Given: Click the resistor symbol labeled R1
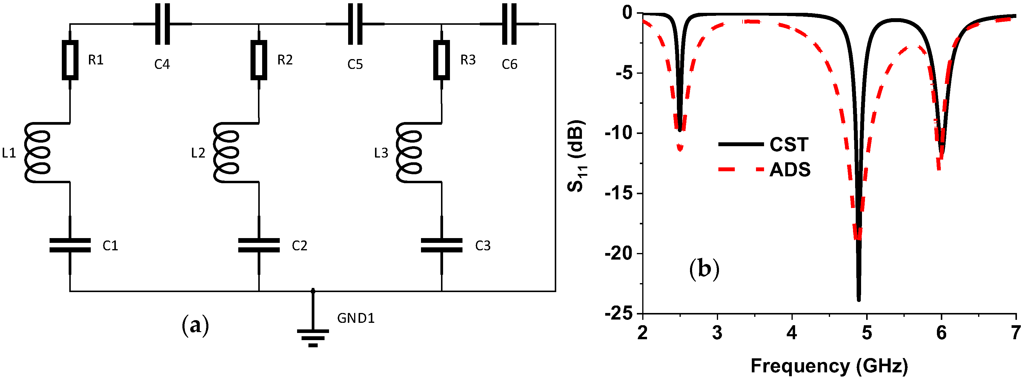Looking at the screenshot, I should click(x=70, y=60).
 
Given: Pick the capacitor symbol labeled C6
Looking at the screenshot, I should click(x=509, y=24).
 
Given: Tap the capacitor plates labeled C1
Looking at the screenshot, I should click(x=70, y=245).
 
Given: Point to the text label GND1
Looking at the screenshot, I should click(x=356, y=318).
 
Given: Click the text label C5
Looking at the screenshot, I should click(x=355, y=64).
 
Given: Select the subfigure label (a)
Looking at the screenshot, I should click(x=195, y=325).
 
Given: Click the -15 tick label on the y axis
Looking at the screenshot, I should click(x=618, y=194).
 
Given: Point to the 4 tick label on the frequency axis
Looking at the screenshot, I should click(x=792, y=332).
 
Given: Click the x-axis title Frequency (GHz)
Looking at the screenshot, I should click(x=829, y=365).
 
